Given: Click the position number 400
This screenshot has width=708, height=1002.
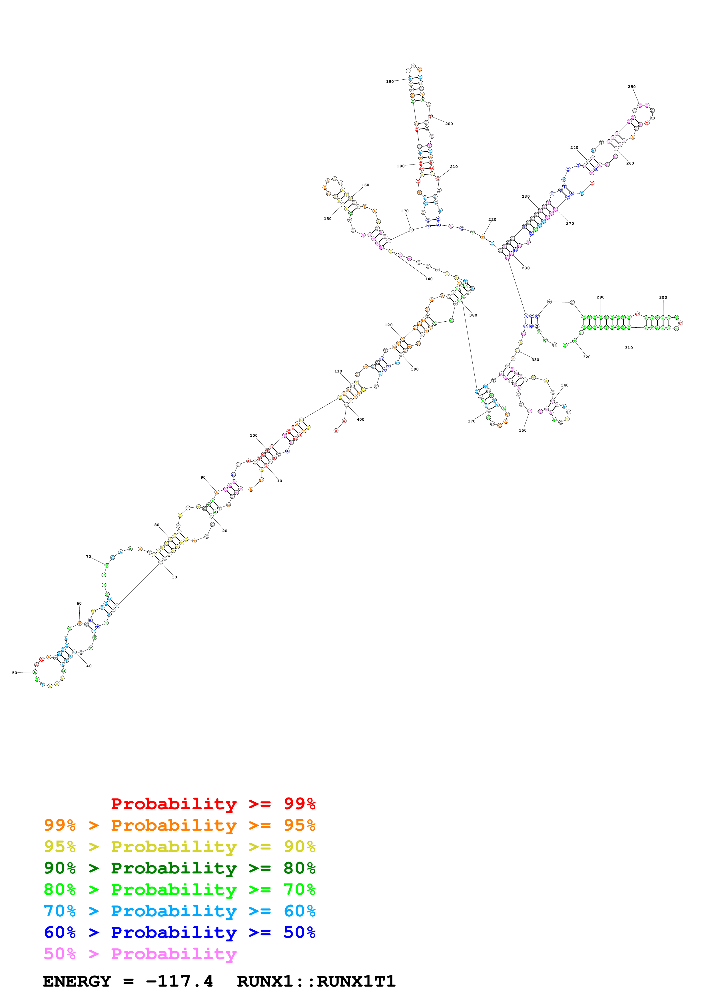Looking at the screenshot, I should pyautogui.click(x=360, y=419).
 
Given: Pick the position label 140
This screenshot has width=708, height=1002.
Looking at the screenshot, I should pyautogui.click(x=429, y=279).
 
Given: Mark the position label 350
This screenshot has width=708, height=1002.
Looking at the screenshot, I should pyautogui.click(x=523, y=430).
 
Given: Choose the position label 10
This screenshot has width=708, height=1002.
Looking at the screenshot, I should pyautogui.click(x=280, y=481).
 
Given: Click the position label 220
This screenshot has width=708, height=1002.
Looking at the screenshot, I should pyautogui.click(x=492, y=220).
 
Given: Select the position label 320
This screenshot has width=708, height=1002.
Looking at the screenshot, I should pyautogui.click(x=587, y=357).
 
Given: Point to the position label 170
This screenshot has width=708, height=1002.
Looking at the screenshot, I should pyautogui.click(x=405, y=211).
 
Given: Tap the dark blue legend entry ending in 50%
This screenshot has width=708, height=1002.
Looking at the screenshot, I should pyautogui.click(x=179, y=932).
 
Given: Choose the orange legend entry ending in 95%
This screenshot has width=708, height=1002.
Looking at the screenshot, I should pyautogui.click(x=179, y=825).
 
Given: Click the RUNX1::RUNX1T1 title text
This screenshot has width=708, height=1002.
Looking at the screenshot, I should pyautogui.click(x=316, y=981).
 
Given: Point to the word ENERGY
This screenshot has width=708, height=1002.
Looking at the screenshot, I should pyautogui.click(x=77, y=981).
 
